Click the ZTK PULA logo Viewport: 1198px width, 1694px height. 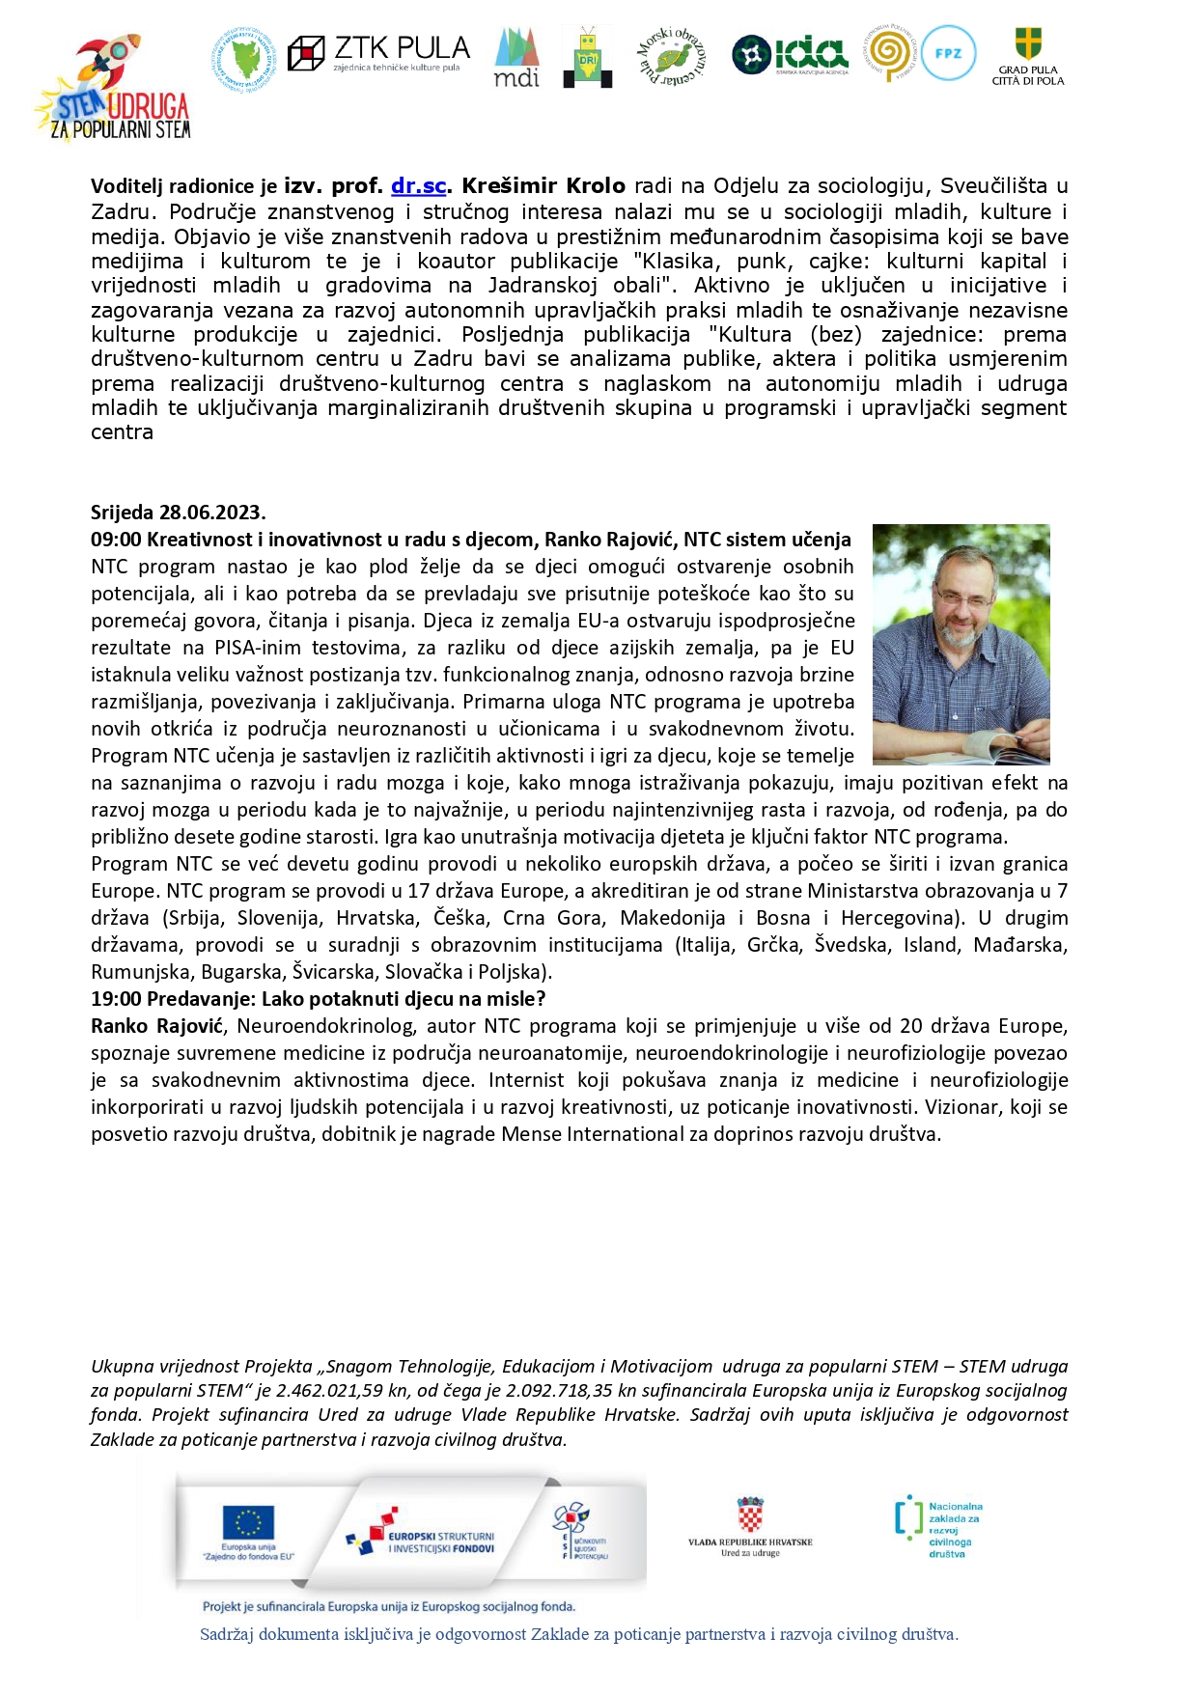[x=378, y=53]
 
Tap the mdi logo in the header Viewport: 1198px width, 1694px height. [x=516, y=58]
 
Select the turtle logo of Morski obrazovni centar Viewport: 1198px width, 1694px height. [x=671, y=57]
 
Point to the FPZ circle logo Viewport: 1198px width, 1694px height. [x=948, y=53]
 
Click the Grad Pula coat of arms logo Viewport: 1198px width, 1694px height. [x=1028, y=45]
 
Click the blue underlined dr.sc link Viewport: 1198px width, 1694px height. [x=419, y=186]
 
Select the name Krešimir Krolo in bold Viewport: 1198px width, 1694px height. [x=543, y=186]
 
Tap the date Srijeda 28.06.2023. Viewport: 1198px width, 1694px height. [x=179, y=513]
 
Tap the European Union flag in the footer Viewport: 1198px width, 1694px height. [x=248, y=1522]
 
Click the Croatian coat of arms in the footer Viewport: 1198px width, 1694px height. [x=750, y=1515]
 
